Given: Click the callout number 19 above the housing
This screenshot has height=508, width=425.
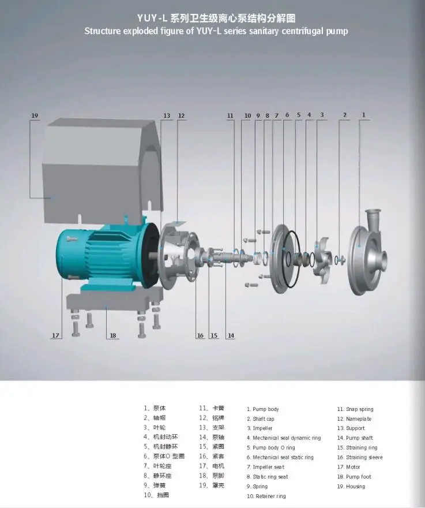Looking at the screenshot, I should tap(34, 116).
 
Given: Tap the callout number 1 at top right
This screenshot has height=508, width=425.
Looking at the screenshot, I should tap(363, 115).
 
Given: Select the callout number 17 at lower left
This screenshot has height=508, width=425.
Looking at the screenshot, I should tap(56, 335).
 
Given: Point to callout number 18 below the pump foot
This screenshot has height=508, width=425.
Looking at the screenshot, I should tap(113, 335).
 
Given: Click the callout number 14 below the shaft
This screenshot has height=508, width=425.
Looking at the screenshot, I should tap(231, 335).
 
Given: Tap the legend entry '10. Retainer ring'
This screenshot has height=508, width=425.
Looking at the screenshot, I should tap(266, 496).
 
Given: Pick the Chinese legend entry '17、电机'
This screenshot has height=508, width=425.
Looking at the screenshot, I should tap(212, 466).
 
